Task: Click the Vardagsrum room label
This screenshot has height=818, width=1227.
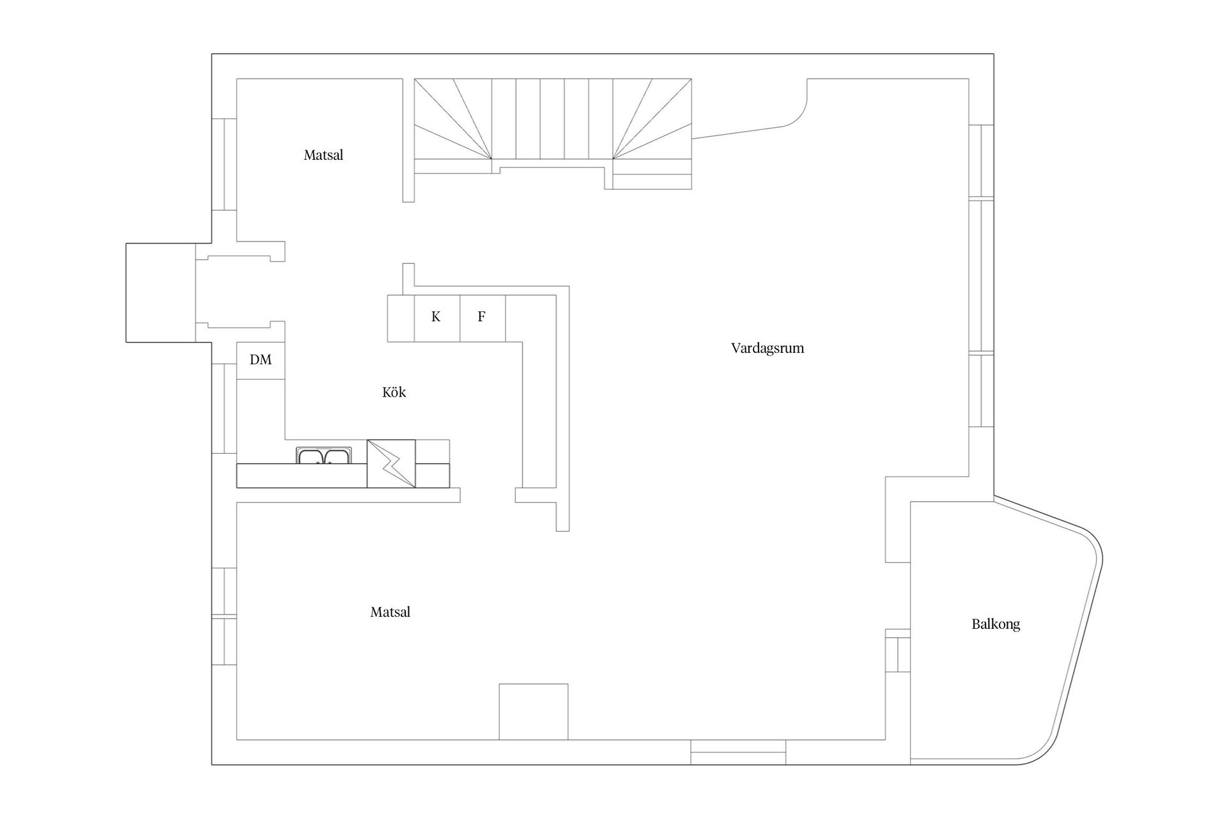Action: [x=767, y=348]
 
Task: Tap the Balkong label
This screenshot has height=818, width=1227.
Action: [x=995, y=624]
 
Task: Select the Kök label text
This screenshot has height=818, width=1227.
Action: [x=394, y=392]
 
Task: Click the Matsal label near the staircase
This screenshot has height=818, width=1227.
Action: [x=323, y=155]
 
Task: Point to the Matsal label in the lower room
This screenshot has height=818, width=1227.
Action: [x=390, y=612]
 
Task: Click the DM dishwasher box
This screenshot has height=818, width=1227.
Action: [x=261, y=360]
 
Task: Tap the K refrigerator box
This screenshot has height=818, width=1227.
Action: [x=436, y=318]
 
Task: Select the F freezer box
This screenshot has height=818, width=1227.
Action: [x=482, y=318]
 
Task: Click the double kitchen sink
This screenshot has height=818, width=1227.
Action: [x=323, y=456]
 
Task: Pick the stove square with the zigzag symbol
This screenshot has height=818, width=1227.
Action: [x=391, y=463]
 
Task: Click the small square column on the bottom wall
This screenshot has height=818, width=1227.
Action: [x=533, y=711]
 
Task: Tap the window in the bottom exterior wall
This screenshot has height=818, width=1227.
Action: [x=737, y=752]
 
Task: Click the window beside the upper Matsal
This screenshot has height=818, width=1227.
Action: [x=224, y=164]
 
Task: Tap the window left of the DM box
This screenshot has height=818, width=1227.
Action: [x=224, y=409]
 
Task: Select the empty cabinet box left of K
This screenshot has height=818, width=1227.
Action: [x=401, y=318]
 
